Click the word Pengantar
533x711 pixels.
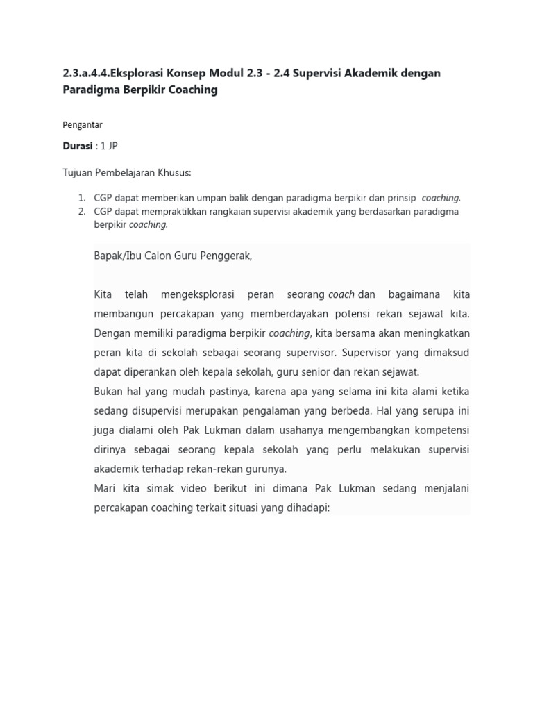point(83,125)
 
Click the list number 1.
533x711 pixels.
point(81,198)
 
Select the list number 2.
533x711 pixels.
point(81,212)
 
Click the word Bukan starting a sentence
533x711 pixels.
point(109,392)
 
